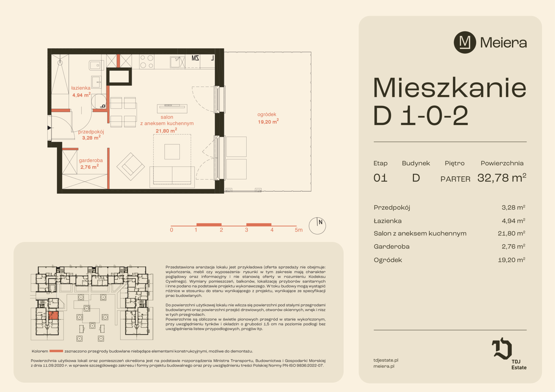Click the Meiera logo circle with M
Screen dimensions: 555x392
[x=465, y=42]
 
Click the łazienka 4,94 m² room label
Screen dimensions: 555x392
[x=81, y=91]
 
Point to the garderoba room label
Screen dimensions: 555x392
[x=91, y=164]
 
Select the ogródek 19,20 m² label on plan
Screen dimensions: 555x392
[x=268, y=118]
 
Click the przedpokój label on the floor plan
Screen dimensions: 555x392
[x=91, y=135]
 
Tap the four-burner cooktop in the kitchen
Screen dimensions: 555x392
[x=147, y=61]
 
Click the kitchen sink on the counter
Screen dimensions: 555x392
[x=177, y=62]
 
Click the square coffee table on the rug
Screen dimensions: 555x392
[x=172, y=152]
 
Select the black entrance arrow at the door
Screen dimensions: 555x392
[x=49, y=128]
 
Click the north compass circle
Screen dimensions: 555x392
[x=317, y=226]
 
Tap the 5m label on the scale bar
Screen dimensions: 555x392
[x=299, y=230]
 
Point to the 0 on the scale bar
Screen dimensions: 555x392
[x=171, y=230]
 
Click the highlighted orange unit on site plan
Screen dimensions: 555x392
[x=53, y=315]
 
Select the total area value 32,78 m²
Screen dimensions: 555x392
[x=502, y=177]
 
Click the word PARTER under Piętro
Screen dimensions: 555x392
[x=455, y=179]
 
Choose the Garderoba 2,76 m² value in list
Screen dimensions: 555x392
[x=513, y=246]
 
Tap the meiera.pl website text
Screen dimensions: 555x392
[x=384, y=366]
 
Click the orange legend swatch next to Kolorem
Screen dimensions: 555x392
[x=56, y=351]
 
